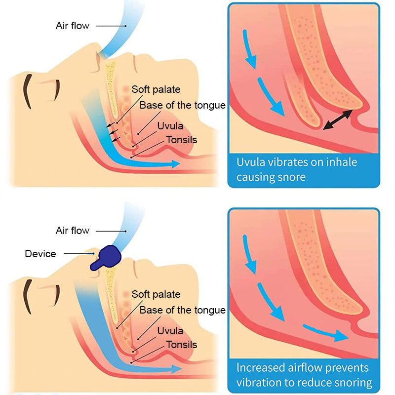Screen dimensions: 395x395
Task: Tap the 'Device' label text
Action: coord(40,254)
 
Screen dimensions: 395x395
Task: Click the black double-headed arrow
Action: coord(337,120)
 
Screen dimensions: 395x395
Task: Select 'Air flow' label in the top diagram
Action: coord(73,25)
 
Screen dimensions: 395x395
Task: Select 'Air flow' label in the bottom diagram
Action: coord(73,231)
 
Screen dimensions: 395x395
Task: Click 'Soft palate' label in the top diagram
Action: coord(156,89)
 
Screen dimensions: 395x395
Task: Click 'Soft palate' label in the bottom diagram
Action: coord(156,294)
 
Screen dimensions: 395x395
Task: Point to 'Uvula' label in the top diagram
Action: coord(170,126)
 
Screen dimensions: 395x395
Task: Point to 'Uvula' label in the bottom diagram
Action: coord(170,330)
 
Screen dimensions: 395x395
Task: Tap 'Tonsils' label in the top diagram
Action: coord(181,140)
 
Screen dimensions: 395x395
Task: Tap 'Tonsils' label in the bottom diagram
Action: coord(181,345)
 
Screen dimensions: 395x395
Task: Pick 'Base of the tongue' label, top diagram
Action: coord(182,105)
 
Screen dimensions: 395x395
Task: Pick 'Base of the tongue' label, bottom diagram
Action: coord(182,310)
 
